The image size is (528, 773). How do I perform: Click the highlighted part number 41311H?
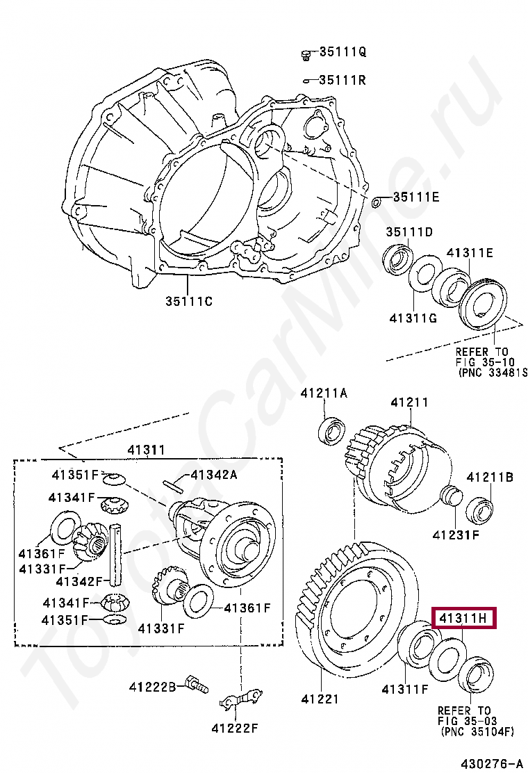(x=464, y=617)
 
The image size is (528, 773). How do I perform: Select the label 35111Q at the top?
(x=343, y=52)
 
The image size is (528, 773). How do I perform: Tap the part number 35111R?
(x=343, y=80)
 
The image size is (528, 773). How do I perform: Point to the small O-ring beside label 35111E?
(x=377, y=201)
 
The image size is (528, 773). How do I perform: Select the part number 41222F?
(x=235, y=729)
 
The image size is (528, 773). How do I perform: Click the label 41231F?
(x=456, y=535)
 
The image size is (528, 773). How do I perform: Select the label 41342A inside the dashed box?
(x=214, y=475)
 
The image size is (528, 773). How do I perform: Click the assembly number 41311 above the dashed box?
(x=146, y=450)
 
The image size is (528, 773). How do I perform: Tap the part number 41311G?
(x=413, y=318)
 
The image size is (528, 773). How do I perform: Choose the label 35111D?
(x=410, y=231)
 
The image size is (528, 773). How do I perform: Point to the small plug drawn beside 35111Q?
(x=305, y=54)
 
